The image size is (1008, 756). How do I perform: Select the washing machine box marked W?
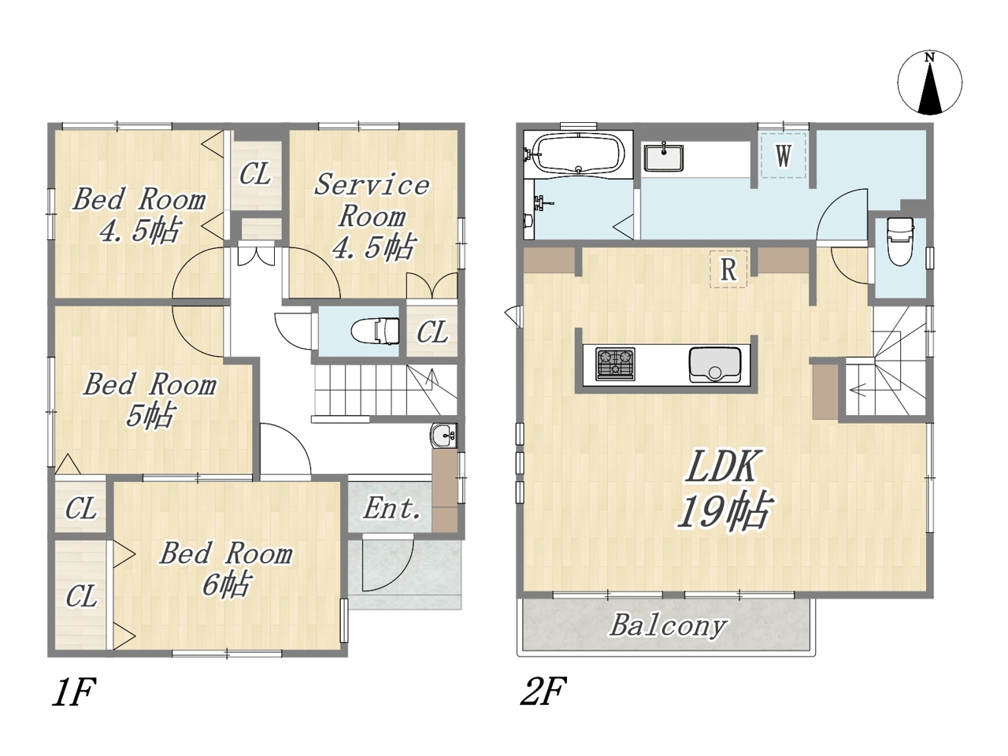point(783,155)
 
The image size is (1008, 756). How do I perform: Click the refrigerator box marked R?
point(728,269)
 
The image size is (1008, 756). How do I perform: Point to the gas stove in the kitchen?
point(615,364)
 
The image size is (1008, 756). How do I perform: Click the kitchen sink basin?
point(715,365)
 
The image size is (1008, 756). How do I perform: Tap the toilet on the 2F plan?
point(901,241)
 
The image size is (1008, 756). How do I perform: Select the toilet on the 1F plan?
point(375,332)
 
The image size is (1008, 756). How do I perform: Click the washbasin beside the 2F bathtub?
point(664,157)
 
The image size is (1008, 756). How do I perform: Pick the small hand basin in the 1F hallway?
point(443,435)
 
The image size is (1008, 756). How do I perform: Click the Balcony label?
point(668,626)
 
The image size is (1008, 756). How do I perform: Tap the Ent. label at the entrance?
point(391,508)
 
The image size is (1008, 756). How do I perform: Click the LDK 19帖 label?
point(723,489)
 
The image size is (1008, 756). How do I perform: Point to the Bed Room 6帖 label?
point(226,569)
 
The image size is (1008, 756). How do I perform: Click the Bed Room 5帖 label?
point(150,400)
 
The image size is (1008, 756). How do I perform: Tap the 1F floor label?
point(73,691)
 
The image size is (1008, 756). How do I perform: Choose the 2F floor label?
point(543,691)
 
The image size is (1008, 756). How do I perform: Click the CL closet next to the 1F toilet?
point(432,332)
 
